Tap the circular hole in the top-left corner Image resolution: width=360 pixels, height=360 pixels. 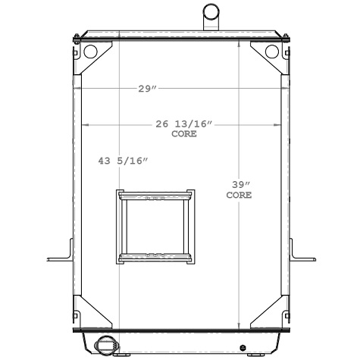click(90, 52)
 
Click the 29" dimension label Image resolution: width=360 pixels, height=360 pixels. click(147, 89)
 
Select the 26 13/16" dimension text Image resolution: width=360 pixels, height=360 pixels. click(185, 124)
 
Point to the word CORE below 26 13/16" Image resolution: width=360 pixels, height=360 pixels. click(184, 133)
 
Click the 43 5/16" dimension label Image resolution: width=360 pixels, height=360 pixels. click(123, 161)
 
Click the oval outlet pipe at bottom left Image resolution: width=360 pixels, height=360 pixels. click(104, 346)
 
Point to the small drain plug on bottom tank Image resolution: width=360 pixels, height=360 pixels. click(242, 348)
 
